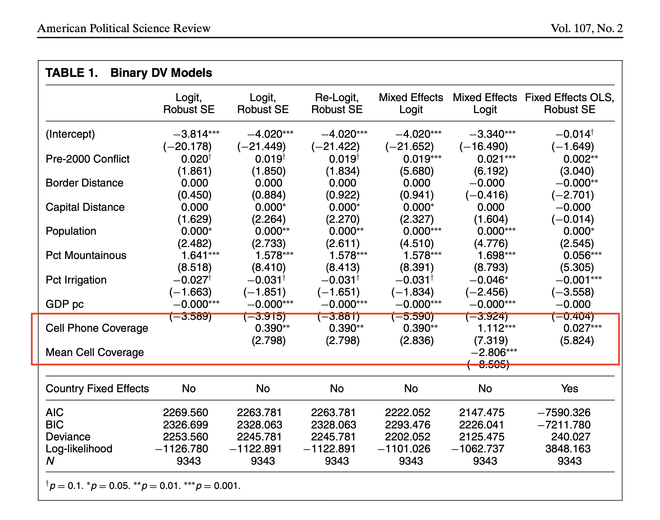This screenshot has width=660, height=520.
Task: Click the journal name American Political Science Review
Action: [124, 28]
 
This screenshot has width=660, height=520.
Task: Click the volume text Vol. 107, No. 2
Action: [586, 28]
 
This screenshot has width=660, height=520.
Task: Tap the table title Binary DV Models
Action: [161, 73]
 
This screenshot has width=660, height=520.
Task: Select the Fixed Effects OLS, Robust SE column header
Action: [569, 103]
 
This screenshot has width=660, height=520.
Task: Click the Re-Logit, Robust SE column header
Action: [336, 103]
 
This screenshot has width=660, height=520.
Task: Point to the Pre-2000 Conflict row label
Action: [87, 159]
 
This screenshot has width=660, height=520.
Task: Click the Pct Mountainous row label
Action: [86, 255]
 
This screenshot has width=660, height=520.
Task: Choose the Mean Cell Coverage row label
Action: [95, 352]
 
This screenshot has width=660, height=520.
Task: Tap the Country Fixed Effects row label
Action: [97, 388]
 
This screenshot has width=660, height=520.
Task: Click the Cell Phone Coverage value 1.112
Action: [491, 328]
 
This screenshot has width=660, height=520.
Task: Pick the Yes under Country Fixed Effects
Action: [569, 388]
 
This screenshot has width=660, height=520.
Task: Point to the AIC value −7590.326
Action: [564, 412]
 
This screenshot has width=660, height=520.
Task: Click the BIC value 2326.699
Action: [185, 425]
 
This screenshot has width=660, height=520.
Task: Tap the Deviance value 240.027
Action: [570, 437]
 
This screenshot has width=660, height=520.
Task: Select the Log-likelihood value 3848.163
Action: [568, 449]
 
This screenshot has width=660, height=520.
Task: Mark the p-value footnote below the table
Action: [143, 485]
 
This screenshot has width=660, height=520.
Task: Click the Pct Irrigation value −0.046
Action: [486, 280]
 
